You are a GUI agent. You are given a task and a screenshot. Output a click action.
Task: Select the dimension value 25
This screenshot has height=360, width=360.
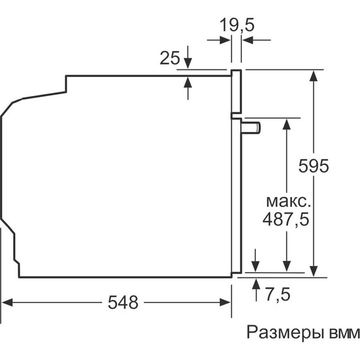click(169, 59)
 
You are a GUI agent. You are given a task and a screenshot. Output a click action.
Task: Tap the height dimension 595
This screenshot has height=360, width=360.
click(314, 166)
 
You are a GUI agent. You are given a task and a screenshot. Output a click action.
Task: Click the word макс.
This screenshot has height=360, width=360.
click(287, 201)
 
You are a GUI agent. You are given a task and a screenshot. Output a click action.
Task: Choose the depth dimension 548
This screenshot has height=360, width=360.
click(122, 303)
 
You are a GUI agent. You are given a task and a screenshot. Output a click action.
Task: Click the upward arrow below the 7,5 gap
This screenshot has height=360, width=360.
click(255, 283)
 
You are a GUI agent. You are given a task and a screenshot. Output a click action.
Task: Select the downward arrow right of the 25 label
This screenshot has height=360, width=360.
click(188, 64)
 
